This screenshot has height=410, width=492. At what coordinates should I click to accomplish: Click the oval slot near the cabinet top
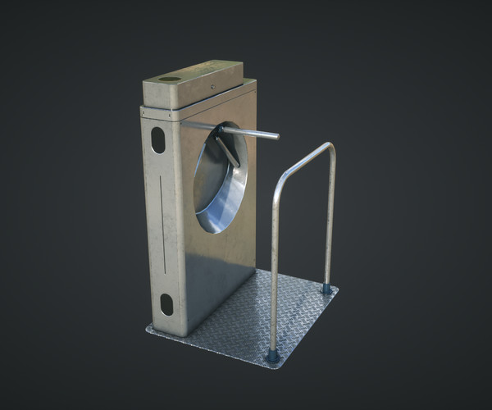[157, 140]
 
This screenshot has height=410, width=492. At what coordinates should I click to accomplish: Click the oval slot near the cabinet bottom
[166, 304]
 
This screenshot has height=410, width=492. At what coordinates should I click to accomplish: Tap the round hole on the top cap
[169, 79]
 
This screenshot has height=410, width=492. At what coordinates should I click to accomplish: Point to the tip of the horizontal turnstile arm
[276, 136]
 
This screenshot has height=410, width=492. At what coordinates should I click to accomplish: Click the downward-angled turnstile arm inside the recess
[229, 152]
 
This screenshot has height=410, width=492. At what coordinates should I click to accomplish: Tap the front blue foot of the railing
[272, 356]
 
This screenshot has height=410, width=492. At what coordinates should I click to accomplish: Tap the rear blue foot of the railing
[326, 288]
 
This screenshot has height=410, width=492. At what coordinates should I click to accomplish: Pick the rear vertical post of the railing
[330, 221]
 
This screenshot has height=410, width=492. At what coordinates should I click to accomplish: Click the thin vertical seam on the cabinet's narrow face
[161, 221]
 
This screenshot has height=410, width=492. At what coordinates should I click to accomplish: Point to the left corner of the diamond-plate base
[148, 330]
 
